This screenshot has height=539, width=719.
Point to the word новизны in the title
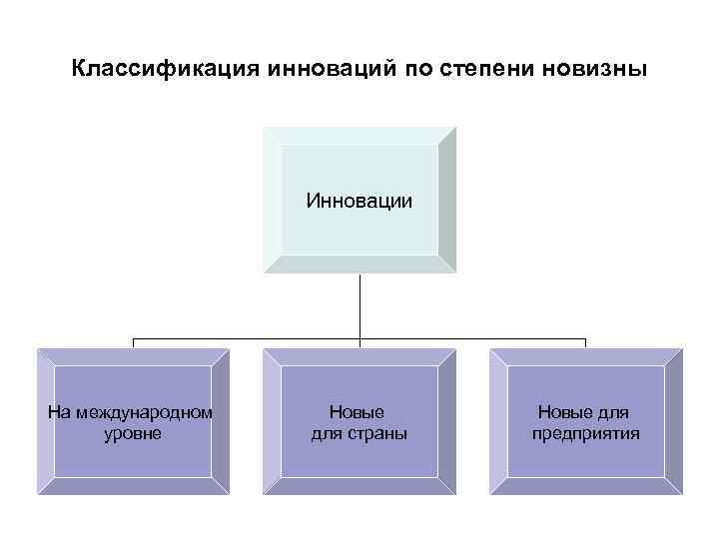pyautogui.click(x=594, y=70)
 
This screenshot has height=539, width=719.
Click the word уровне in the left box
pyautogui.click(x=133, y=433)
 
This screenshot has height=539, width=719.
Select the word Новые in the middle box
pyautogui.click(x=358, y=411)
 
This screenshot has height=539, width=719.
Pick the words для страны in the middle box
pyautogui.click(x=359, y=433)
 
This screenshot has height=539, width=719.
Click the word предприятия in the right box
pyautogui.click(x=586, y=433)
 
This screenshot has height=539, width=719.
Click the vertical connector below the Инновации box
pyautogui.click(x=359, y=304)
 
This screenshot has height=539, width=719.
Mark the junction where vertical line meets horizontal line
pyautogui.click(x=359, y=339)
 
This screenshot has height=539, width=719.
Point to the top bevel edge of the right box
pyautogui.click(x=586, y=356)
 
